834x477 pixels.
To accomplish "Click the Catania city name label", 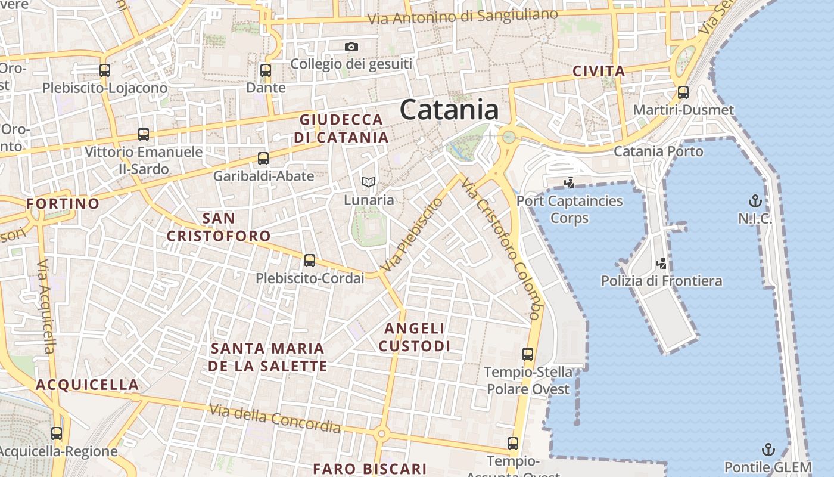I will (449, 110).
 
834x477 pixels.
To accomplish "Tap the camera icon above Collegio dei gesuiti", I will (351, 47).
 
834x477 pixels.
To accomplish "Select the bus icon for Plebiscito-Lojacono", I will (105, 70).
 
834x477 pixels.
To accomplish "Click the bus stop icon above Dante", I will (266, 70).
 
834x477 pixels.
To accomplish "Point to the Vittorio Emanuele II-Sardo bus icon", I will (144, 134).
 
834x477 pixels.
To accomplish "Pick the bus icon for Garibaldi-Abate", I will (263, 159).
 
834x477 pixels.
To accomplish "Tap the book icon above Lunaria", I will (369, 182).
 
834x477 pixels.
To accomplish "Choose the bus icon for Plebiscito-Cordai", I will (310, 261).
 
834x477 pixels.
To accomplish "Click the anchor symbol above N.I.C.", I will (755, 201).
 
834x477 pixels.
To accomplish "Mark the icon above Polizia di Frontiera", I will (661, 263).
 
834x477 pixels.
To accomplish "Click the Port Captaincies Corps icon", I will (569, 182).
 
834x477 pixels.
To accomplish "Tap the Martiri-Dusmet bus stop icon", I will (683, 92).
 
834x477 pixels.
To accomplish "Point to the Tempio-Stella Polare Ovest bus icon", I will (528, 354).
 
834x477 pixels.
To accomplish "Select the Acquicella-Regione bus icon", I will (57, 433).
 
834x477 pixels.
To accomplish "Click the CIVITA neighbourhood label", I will (599, 72).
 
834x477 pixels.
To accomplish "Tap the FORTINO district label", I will (63, 204).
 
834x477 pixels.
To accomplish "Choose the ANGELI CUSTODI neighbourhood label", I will (415, 337).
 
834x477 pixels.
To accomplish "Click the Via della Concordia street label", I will (275, 419).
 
